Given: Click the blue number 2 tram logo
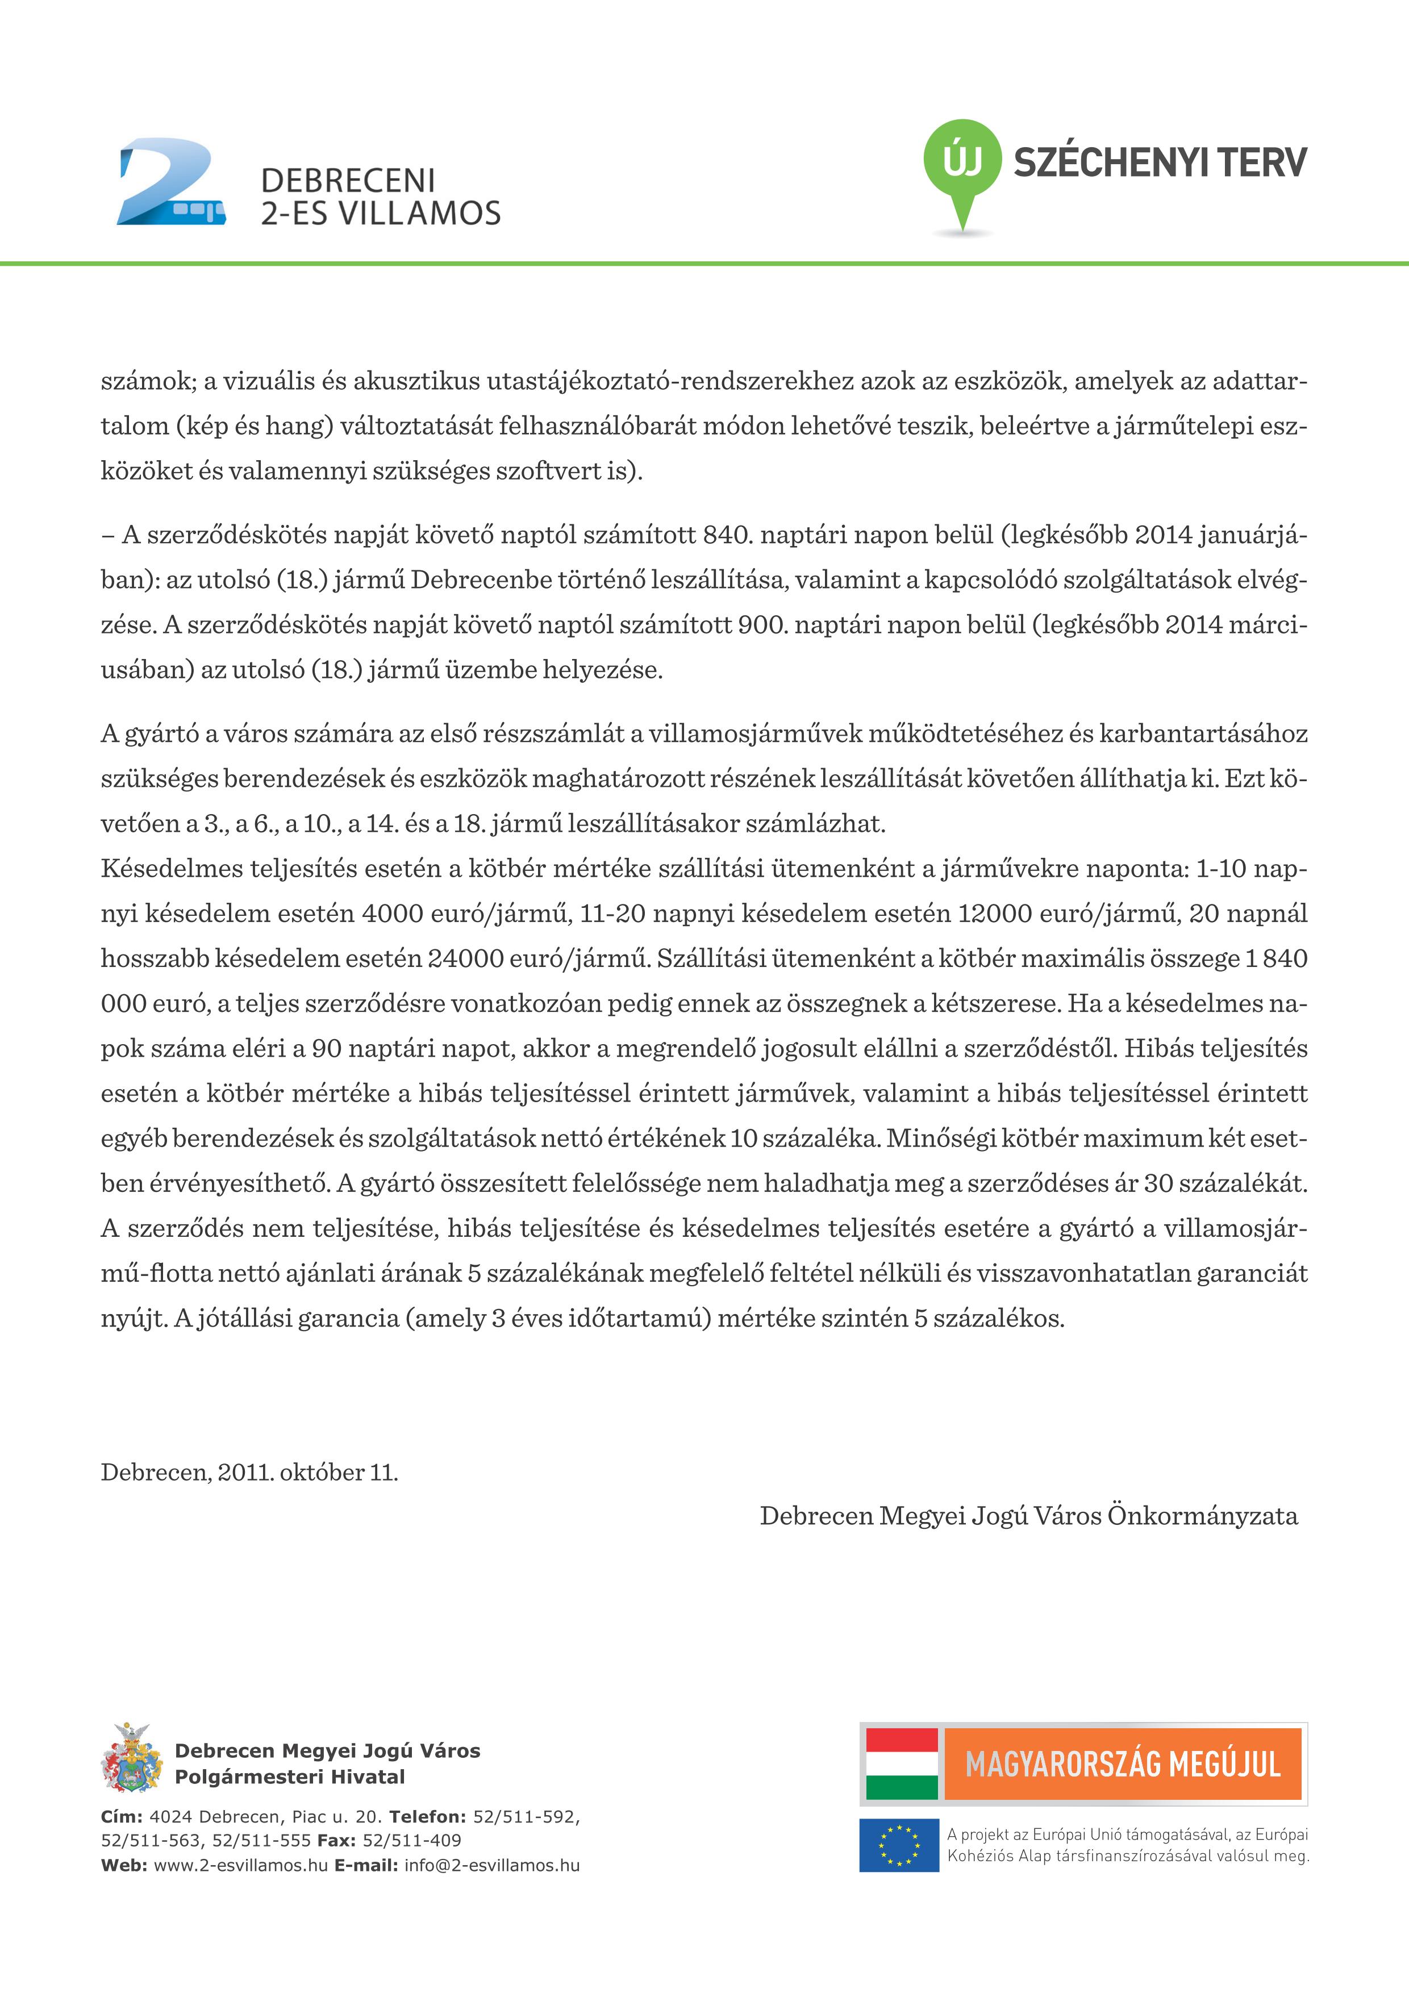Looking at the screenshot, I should (x=170, y=182).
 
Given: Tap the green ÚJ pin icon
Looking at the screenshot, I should (x=961, y=165).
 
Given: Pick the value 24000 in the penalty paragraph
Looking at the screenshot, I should (x=464, y=958).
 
